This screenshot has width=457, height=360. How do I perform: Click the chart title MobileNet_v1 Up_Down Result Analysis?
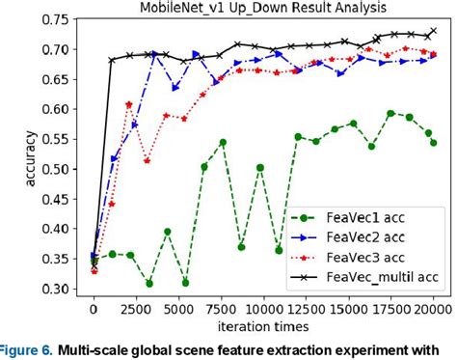point(262,8)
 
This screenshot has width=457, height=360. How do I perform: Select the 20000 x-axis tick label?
point(435,310)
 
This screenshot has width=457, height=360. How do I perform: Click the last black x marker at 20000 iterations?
point(434,31)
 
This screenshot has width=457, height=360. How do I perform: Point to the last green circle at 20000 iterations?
point(434,143)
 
